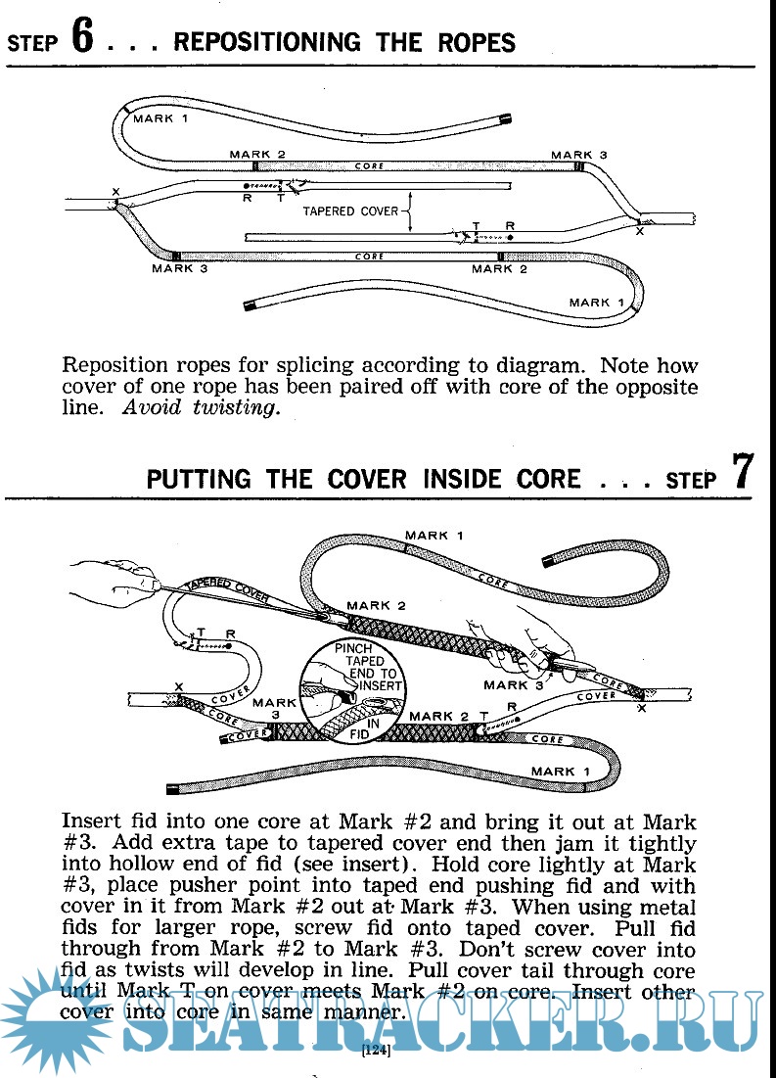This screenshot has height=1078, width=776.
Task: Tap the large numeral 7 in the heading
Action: [743, 471]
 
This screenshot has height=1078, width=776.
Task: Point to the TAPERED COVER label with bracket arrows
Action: [350, 211]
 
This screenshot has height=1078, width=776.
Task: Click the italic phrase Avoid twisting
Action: [201, 408]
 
